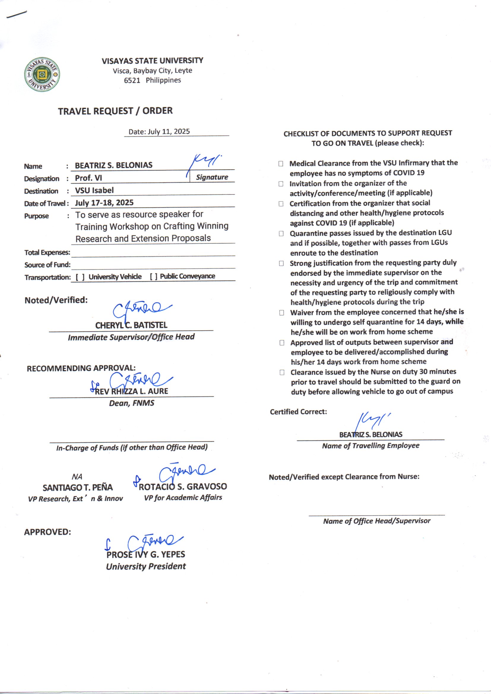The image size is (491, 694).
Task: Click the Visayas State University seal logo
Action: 42,75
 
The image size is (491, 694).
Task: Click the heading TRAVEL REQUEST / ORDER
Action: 115,111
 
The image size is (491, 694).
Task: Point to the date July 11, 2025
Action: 169,131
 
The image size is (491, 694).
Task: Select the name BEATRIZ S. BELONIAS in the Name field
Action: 114,165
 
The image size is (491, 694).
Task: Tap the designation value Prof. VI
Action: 88,178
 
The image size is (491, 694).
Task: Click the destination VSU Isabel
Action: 94,191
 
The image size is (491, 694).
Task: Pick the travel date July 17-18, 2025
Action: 104,203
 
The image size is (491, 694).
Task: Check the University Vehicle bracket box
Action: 80,277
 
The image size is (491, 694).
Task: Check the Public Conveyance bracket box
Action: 153,277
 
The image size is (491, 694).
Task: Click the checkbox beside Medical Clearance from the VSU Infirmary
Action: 281,164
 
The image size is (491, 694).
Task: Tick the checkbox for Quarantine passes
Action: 281,234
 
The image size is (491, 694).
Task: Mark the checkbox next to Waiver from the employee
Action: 281,313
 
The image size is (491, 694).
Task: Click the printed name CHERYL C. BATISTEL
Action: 131,325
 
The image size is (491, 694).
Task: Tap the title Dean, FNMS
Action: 132,403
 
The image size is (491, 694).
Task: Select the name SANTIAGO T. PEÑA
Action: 78,488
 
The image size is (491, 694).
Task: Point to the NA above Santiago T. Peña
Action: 77,477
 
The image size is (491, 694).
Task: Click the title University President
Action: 146,566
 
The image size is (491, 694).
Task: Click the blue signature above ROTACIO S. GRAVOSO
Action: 186,472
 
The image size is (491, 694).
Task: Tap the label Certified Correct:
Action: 298,412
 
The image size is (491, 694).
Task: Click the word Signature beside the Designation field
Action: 212,177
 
